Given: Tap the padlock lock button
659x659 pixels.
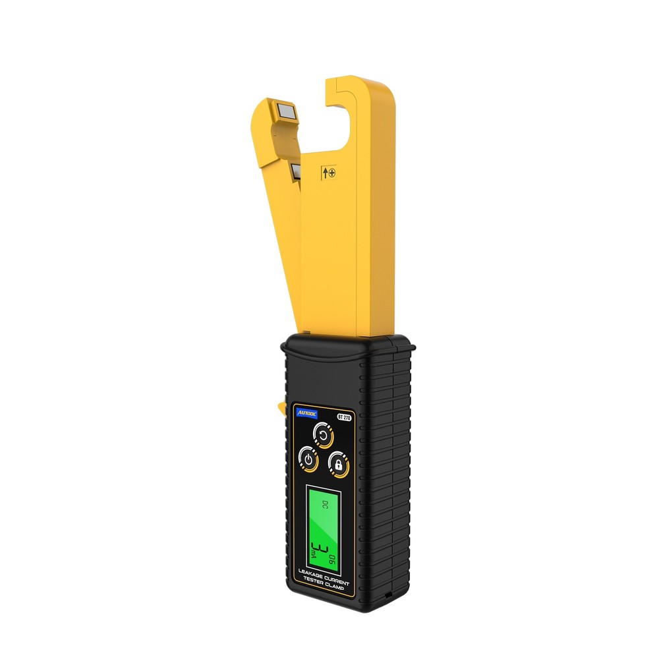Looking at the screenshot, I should click(338, 463).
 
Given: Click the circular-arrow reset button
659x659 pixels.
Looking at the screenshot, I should click(323, 434).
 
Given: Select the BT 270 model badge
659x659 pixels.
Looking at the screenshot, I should click(344, 416).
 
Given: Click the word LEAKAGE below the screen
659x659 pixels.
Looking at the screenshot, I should click(310, 578).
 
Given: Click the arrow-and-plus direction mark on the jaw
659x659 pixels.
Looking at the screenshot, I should click(328, 173).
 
